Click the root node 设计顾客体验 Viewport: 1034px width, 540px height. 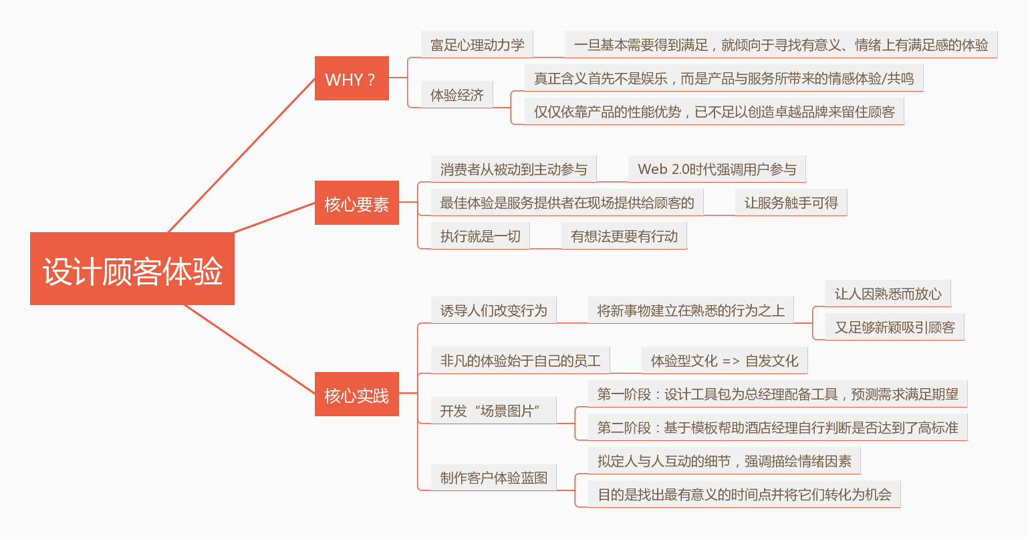[x=132, y=269]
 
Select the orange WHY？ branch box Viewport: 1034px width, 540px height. [x=352, y=79]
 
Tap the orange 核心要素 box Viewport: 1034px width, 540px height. [x=357, y=203]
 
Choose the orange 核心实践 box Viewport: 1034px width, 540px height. [x=357, y=395]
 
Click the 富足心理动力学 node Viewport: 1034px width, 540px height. [x=477, y=45]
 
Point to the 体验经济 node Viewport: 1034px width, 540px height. [x=457, y=95]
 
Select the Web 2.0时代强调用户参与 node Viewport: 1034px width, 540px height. [x=717, y=169]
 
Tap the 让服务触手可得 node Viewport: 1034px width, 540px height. [x=791, y=203]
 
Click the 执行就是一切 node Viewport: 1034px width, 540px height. [x=480, y=236]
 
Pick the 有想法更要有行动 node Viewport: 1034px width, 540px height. [x=624, y=236]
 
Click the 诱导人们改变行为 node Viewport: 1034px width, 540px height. [x=493, y=310]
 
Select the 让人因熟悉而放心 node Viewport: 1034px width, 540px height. [x=888, y=294]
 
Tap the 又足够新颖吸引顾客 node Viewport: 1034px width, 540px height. [x=894, y=327]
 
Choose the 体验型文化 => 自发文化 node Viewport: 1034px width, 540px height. [x=725, y=361]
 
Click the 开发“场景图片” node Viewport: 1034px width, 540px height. [x=493, y=411]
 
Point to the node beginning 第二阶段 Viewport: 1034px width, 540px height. [x=777, y=428]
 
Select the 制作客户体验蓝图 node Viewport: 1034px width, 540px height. [x=493, y=478]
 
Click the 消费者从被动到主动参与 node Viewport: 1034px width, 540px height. [x=513, y=169]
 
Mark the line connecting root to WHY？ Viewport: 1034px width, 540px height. [x=241, y=156]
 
